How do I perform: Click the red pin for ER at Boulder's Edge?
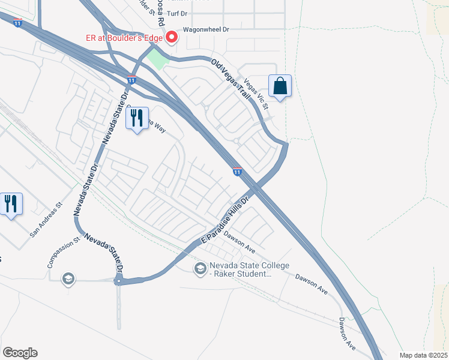[172, 38]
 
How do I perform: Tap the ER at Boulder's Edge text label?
[127, 38]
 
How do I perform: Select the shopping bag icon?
[280, 86]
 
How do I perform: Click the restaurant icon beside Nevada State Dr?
[137, 118]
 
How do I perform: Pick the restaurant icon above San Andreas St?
[11, 204]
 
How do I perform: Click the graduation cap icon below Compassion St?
[68, 278]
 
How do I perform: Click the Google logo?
[19, 353]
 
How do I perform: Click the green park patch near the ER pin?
[155, 59]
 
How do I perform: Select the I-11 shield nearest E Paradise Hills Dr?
[237, 172]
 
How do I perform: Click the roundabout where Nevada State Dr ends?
[119, 280]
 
